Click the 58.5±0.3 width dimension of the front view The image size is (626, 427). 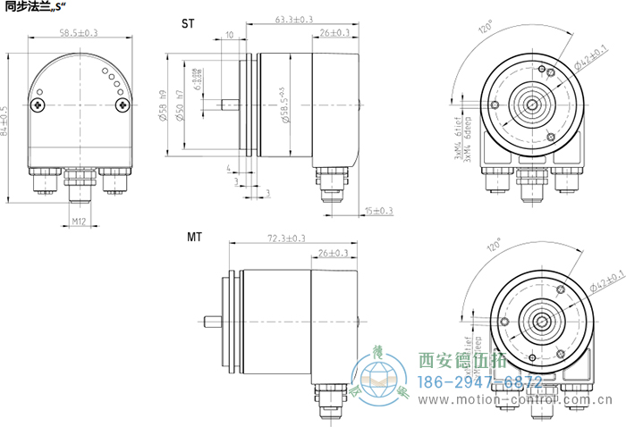pos(79,33)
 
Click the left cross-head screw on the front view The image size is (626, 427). pos(39,106)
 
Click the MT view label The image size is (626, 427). pos(193,239)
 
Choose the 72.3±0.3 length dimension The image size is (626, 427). pos(287,239)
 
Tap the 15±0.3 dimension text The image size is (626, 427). pos(379,211)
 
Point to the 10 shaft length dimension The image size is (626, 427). pos(230,35)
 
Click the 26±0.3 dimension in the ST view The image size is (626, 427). pos(334,33)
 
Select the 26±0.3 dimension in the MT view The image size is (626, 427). pos(334,254)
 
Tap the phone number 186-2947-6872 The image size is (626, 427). pos(480,381)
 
